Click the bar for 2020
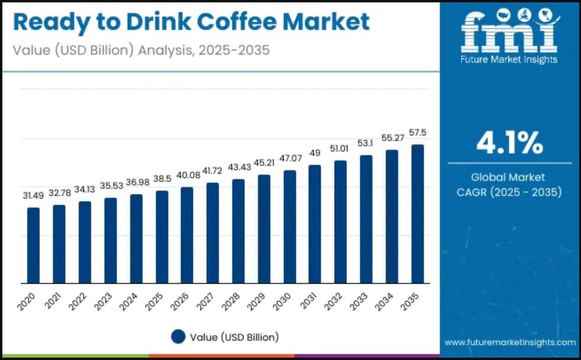pos(33,245)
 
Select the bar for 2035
pos(418,214)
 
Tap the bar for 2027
pos(212,233)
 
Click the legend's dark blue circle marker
pos(179,337)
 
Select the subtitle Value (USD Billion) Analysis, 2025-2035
pos(141,50)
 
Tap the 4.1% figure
pos(509,143)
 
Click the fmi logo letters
pos(509,31)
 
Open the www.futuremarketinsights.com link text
pos(509,342)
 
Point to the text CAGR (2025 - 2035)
pos(509,192)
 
